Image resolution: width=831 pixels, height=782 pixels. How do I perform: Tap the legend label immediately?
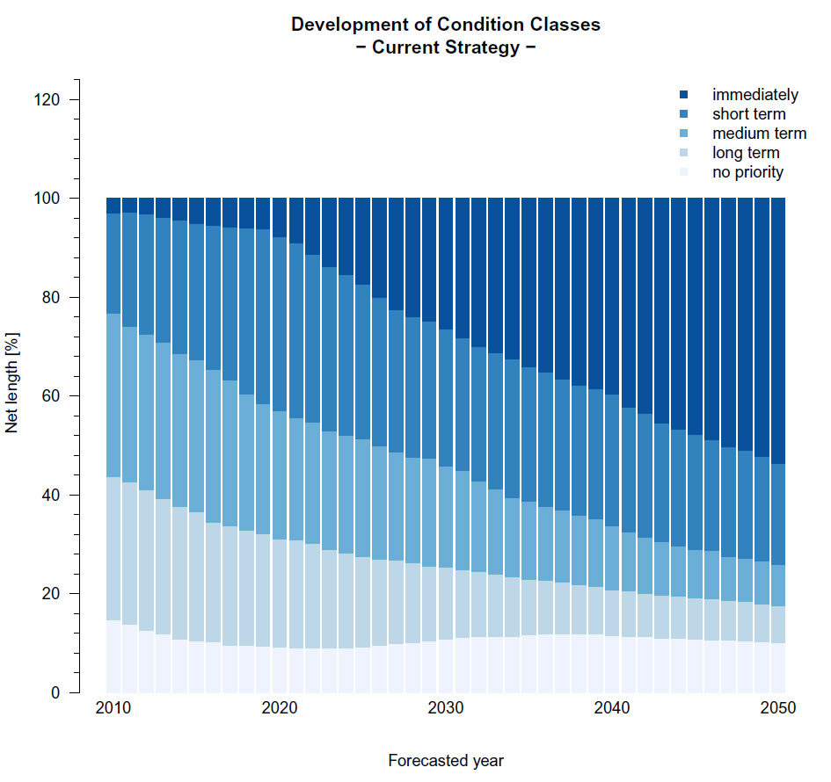tap(754, 95)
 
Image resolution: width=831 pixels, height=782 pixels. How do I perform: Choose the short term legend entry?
tap(748, 114)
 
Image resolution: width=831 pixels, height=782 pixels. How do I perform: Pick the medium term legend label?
tap(759, 134)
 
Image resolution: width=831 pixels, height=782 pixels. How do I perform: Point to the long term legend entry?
tap(746, 153)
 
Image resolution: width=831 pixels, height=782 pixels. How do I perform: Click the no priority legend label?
tap(747, 172)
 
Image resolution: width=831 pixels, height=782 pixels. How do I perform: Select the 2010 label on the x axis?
tap(113, 708)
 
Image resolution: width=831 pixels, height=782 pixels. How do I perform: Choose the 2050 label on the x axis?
tap(777, 708)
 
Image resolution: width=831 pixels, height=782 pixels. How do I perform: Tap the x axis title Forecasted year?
tap(445, 761)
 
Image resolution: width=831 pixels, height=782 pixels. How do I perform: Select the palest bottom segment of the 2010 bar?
tap(113, 657)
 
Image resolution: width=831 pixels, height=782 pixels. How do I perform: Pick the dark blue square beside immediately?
tap(684, 95)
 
